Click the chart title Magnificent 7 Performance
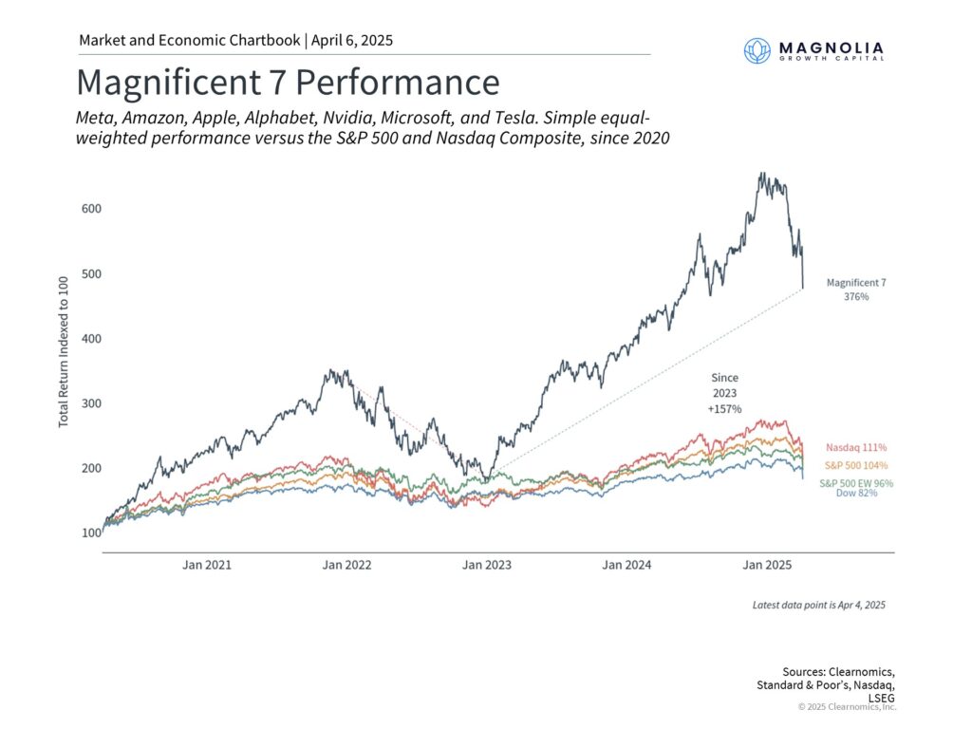[287, 83]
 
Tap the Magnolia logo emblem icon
[757, 50]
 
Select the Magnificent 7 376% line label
[855, 290]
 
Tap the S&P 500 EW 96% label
[856, 483]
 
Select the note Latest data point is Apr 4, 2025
[818, 605]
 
